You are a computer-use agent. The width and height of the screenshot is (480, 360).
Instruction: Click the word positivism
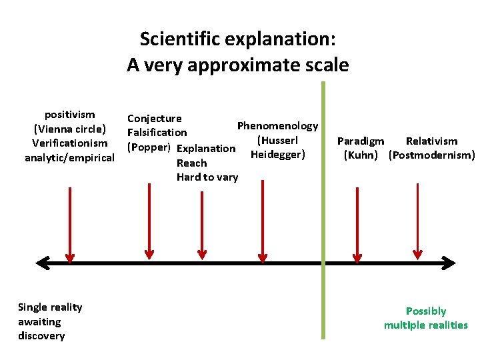pyautogui.click(x=69, y=115)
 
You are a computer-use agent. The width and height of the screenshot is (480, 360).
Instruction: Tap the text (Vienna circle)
pyautogui.click(x=69, y=129)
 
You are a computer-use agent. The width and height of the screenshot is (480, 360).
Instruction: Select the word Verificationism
pyautogui.click(x=69, y=143)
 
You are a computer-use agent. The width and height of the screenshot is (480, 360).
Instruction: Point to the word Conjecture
pyautogui.click(x=154, y=119)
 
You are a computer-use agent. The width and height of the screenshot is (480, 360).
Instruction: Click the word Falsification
pyautogui.click(x=157, y=133)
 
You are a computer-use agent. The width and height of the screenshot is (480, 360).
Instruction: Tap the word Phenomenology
pyautogui.click(x=277, y=126)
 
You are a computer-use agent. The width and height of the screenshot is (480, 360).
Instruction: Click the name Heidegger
pyautogui.click(x=277, y=155)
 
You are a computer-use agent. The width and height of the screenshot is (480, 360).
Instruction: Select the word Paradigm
pyautogui.click(x=361, y=141)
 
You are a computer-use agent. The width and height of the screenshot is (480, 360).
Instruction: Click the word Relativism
pyautogui.click(x=431, y=141)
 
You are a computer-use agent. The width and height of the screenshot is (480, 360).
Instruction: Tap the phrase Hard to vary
pyautogui.click(x=207, y=177)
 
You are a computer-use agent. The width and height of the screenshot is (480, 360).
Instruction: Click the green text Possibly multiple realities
pyautogui.click(x=425, y=318)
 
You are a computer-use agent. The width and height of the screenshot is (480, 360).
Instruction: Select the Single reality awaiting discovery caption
pyautogui.click(x=50, y=321)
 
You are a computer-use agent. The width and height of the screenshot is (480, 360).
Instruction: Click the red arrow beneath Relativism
pyautogui.click(x=418, y=220)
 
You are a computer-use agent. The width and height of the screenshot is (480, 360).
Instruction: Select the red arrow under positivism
pyautogui.click(x=69, y=223)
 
